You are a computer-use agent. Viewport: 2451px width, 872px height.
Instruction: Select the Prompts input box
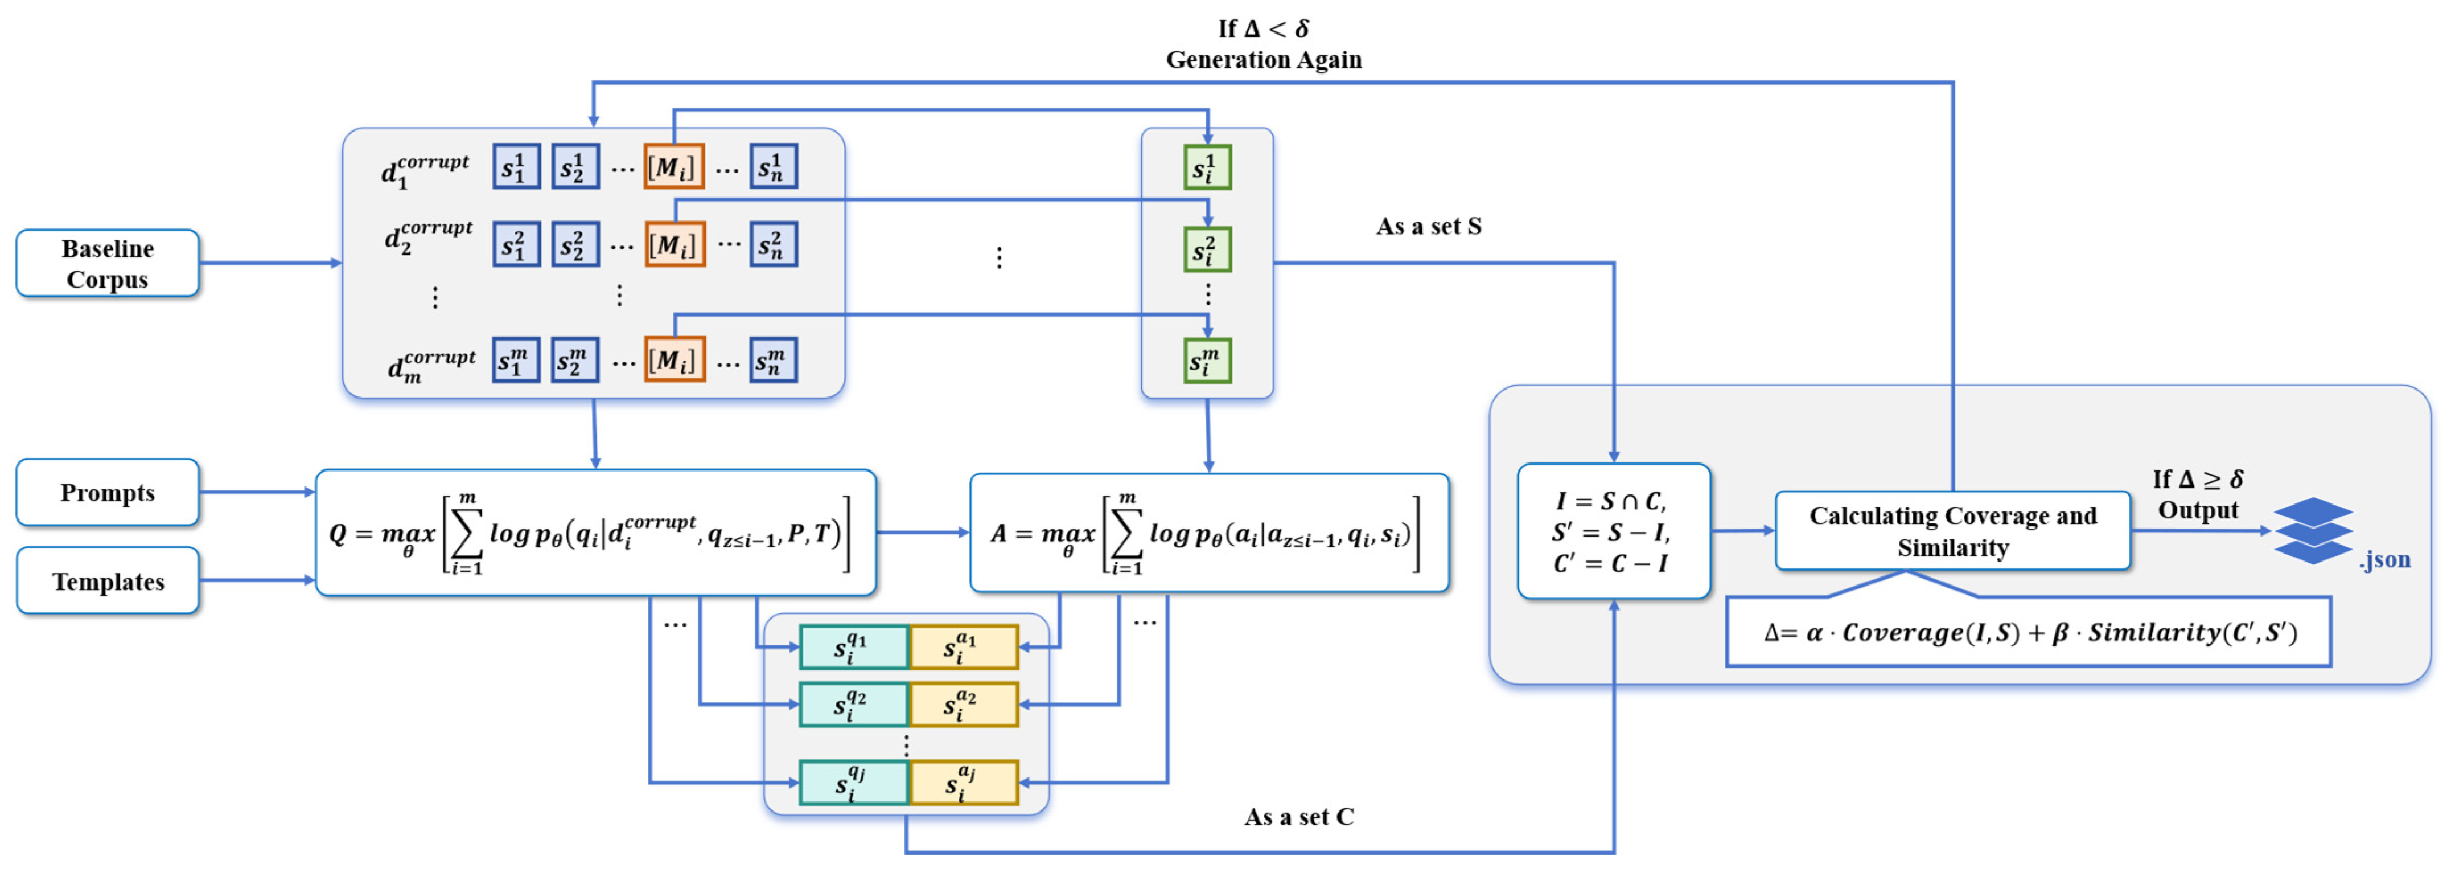108,492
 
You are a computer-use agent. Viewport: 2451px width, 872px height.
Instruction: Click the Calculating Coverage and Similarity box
1952,531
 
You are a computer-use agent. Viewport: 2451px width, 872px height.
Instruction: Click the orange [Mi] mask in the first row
673,166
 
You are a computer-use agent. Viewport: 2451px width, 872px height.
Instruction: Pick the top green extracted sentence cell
1207,167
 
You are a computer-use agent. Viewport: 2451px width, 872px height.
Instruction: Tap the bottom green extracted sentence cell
1207,361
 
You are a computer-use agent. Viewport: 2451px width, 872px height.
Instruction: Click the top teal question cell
853,648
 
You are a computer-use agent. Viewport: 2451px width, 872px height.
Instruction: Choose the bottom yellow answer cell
964,783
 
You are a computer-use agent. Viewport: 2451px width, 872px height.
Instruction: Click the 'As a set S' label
1428,227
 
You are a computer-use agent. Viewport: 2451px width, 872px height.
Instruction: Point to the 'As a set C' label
1299,817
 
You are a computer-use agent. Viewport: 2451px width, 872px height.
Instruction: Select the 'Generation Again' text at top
1264,60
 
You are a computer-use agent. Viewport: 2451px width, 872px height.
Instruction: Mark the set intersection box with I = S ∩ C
1614,531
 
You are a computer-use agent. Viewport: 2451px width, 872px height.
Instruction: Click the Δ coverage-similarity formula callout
2029,631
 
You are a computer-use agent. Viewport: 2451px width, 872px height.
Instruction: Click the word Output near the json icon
2198,510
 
